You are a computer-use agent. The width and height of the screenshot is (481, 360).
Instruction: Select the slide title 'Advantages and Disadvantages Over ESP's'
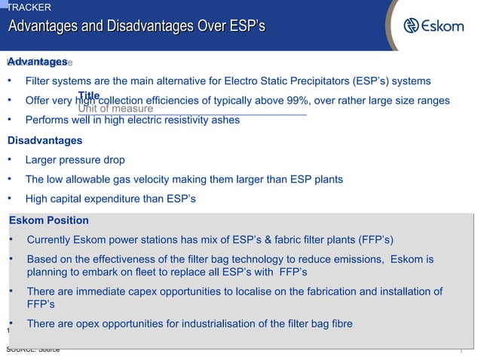pos(136,28)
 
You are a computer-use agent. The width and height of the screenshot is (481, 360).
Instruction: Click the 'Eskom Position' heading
pos(49,221)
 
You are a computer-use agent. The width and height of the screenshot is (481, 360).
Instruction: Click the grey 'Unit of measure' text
pos(115,109)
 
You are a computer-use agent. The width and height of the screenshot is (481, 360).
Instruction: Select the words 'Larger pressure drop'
pos(75,160)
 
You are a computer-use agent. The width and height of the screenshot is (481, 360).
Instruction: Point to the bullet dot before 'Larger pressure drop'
pos(10,160)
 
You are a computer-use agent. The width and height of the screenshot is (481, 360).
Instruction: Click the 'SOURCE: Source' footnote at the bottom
pos(33,350)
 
